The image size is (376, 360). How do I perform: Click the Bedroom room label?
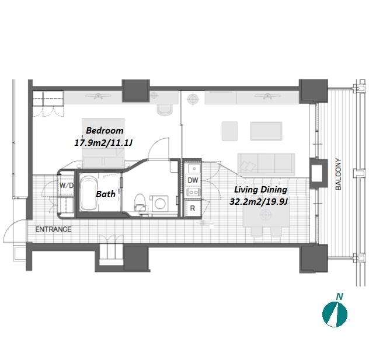(105, 131)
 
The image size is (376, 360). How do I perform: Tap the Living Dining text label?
(260, 190)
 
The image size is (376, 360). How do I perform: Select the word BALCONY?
(338, 174)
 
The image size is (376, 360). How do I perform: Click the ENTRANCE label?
(53, 229)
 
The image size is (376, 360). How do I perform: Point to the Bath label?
(106, 194)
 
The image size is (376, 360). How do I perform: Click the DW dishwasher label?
(193, 180)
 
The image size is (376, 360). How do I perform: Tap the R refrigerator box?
(193, 208)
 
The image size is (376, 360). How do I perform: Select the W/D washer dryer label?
(67, 186)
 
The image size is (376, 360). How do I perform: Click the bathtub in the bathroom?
(88, 193)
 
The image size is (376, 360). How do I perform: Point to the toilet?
(140, 202)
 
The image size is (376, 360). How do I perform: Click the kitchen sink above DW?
(194, 169)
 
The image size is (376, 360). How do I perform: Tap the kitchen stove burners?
(193, 192)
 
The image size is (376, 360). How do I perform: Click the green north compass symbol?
(335, 314)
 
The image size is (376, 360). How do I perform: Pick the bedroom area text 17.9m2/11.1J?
(103, 143)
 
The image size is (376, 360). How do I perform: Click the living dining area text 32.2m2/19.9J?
(259, 202)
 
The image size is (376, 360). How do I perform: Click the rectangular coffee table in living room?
(266, 131)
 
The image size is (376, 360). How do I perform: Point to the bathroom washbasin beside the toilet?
(159, 203)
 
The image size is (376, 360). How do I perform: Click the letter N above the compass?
(339, 296)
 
